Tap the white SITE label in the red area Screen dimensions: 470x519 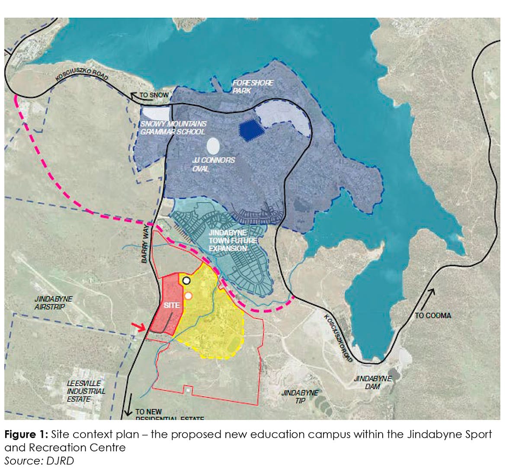click(172, 305)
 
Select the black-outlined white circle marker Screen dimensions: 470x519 click(186, 280)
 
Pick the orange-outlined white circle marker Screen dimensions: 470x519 click(188, 296)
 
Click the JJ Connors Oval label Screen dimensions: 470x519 click(214, 164)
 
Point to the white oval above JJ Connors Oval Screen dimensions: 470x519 click(213, 146)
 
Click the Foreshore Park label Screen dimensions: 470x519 click(253, 86)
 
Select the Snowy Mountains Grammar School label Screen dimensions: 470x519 click(173, 127)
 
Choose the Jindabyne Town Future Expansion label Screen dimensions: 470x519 click(233, 241)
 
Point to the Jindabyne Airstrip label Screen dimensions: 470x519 click(54, 303)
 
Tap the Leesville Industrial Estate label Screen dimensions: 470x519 click(86, 391)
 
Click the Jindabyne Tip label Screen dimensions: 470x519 click(300, 396)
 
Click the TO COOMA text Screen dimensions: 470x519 click(432, 315)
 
